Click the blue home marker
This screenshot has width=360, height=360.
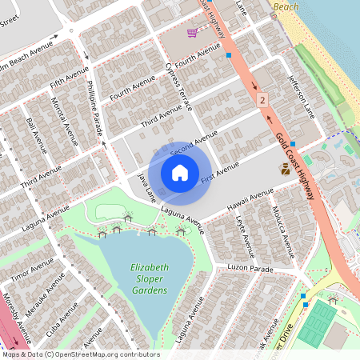tap(180, 172)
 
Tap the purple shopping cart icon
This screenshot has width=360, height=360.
tap(192, 33)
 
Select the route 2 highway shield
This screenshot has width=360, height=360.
tap(262, 100)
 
